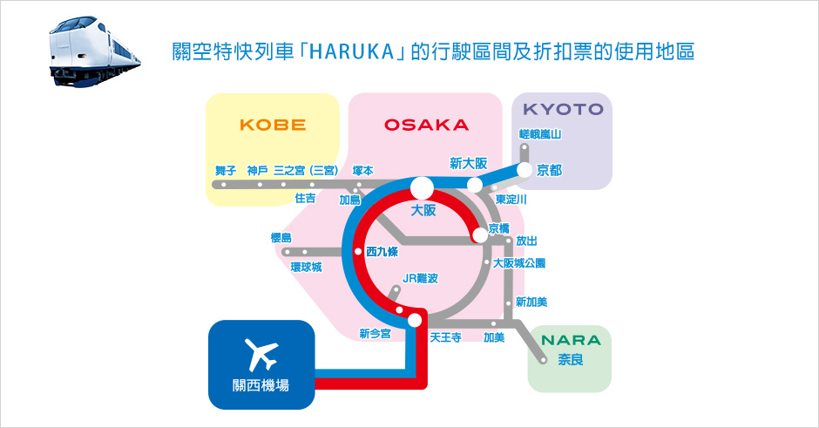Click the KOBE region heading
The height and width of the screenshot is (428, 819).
(273, 125)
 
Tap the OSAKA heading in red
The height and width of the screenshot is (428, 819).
(426, 125)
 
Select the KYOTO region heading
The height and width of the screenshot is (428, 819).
(563, 109)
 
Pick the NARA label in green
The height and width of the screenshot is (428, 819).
(571, 340)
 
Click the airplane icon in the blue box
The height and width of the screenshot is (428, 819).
(261, 354)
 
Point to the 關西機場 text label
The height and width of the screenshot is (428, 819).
(261, 385)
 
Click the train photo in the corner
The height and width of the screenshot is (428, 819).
(95, 51)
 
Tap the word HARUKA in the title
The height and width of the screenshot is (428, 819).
(352, 52)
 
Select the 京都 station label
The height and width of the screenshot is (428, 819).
(549, 170)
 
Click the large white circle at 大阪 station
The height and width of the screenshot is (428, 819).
(422, 187)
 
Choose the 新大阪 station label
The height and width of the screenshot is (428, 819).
(469, 164)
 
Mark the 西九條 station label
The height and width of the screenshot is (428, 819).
(382, 251)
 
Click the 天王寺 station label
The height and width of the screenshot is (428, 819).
(445, 337)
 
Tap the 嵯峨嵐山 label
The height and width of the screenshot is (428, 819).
(540, 134)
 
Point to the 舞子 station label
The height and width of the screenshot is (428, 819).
(226, 170)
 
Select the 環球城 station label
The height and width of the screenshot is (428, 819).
(306, 267)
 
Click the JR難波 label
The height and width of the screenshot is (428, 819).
(421, 279)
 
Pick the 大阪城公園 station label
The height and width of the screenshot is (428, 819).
(519, 263)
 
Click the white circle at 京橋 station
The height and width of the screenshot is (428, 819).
(479, 235)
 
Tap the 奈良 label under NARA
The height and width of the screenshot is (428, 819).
(571, 359)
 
